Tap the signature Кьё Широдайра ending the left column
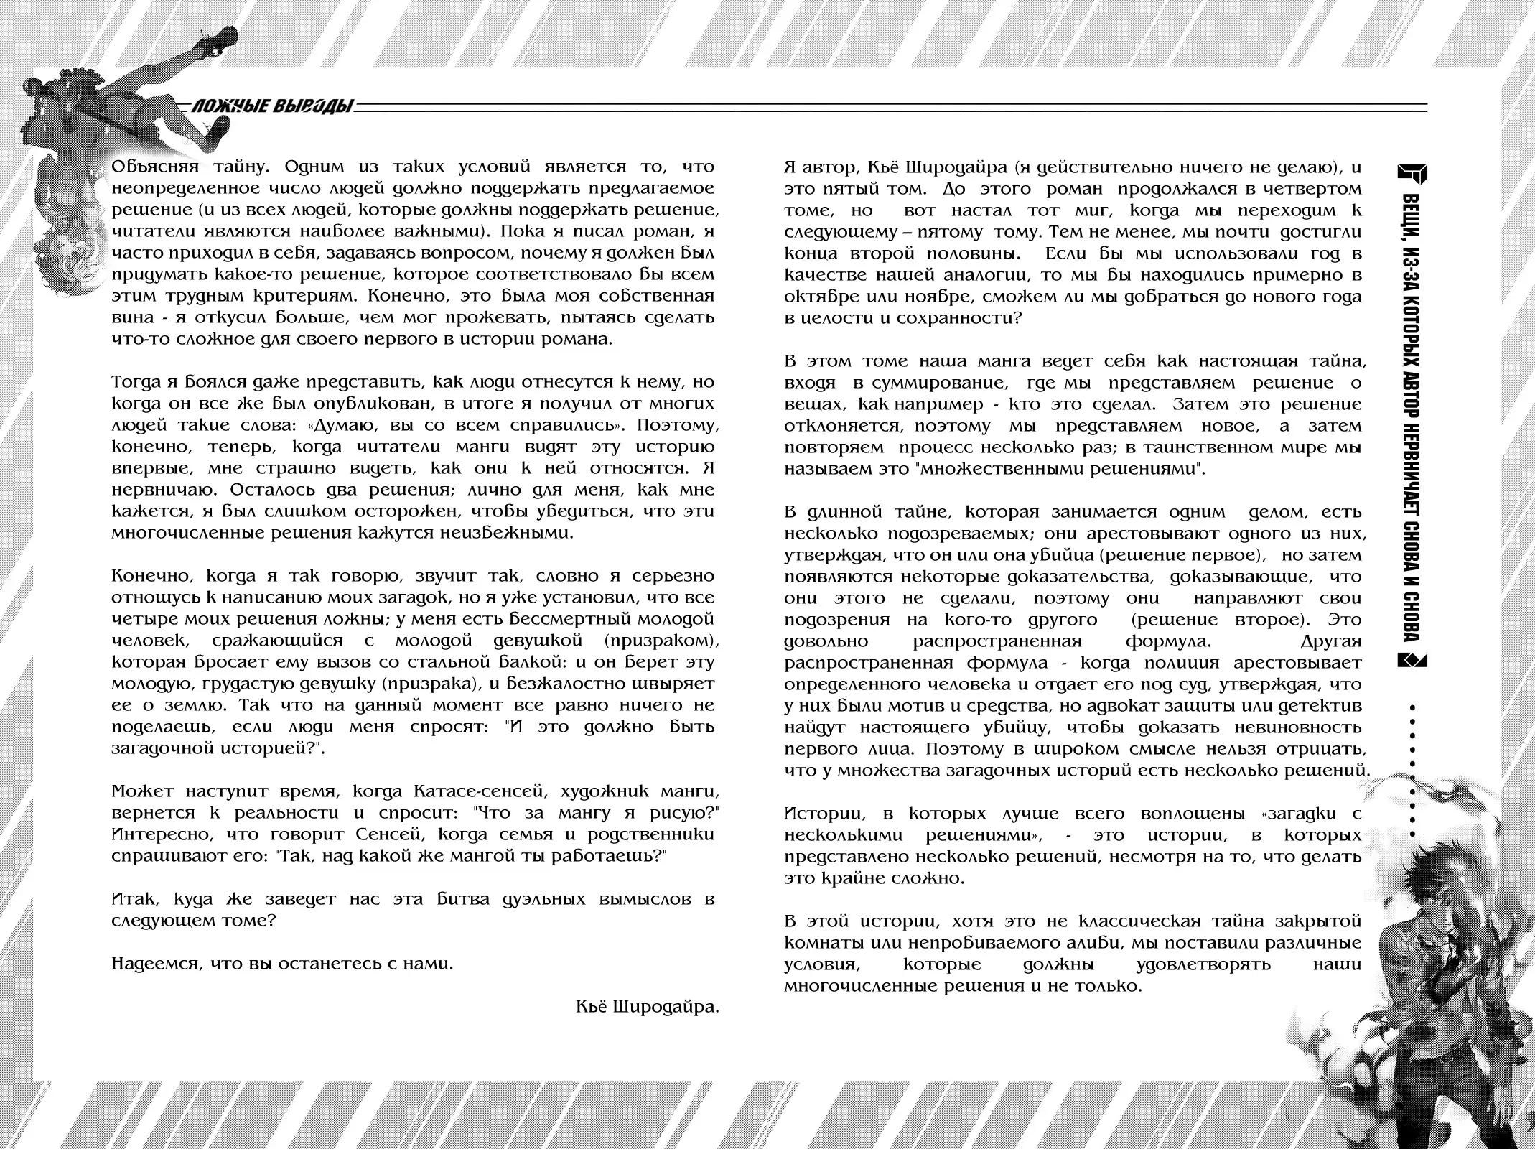pos(647,1007)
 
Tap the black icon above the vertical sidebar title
pos(1412,174)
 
